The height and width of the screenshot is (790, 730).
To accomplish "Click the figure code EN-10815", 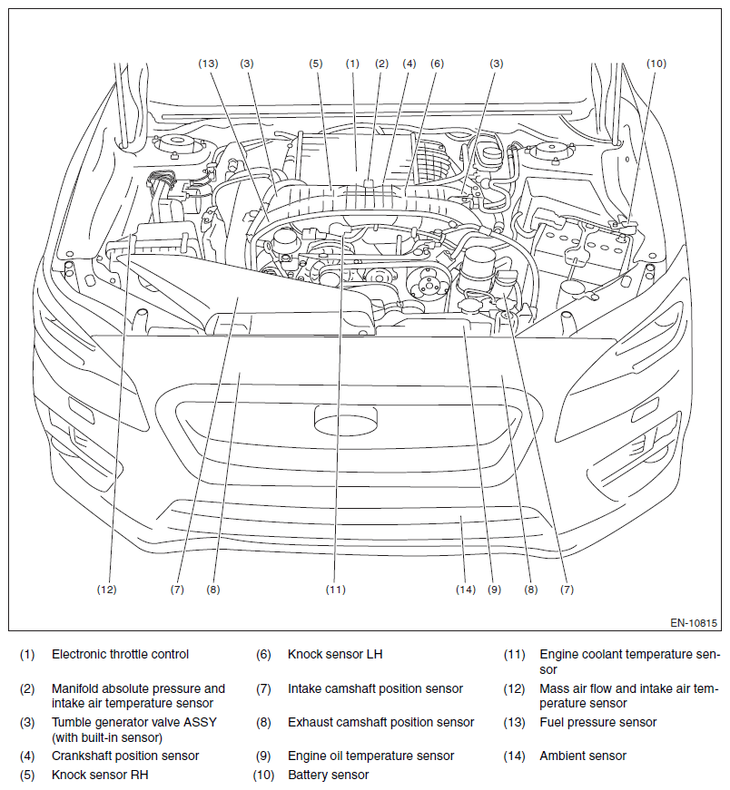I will (x=694, y=623).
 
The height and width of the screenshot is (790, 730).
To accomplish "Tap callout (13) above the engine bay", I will (x=209, y=63).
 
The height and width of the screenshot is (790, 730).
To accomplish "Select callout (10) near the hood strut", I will (x=656, y=63).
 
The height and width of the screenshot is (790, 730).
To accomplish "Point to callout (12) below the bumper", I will (x=107, y=590).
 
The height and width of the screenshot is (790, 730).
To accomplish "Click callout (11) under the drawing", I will (x=336, y=590).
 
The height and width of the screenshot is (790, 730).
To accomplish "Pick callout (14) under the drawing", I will (x=466, y=590).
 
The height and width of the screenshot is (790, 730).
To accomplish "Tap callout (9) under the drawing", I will (x=494, y=590).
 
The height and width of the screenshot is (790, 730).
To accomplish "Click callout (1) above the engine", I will (x=352, y=63).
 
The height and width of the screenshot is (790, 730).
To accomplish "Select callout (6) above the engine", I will (x=437, y=63).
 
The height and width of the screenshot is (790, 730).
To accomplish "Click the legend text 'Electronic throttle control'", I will (x=120, y=654).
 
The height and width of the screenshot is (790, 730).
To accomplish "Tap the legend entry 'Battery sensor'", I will (x=328, y=775).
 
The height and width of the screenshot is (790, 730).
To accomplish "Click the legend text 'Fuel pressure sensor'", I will (x=597, y=723).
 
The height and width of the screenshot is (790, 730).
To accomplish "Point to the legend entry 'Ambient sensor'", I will (x=582, y=756).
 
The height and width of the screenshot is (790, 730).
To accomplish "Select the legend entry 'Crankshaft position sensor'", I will (x=125, y=756).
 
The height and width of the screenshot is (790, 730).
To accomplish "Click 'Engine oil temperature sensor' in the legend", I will (x=370, y=756).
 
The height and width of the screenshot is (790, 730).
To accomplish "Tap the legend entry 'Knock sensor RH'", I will (x=99, y=775).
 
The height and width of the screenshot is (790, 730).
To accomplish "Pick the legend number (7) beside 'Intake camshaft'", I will (x=263, y=689).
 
